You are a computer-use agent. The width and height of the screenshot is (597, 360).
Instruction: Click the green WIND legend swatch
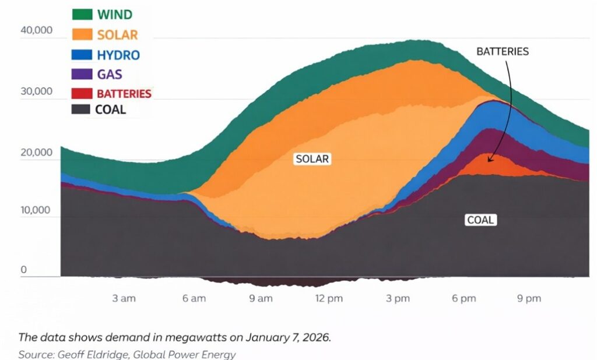pos(82,14)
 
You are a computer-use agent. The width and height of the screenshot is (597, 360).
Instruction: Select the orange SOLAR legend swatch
pos(82,34)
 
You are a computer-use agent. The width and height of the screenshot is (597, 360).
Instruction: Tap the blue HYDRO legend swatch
pos(82,54)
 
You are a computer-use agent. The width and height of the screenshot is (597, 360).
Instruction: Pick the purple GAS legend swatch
pos(82,74)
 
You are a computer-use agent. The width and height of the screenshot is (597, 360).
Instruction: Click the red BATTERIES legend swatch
pos(82,93)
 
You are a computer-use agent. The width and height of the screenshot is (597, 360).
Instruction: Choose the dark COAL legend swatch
pos(82,109)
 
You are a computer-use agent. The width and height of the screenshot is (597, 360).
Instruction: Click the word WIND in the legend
pos(115,15)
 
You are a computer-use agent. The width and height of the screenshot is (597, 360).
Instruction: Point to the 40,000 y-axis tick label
pos(36,30)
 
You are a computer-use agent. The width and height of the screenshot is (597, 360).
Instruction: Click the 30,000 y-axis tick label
pos(36,91)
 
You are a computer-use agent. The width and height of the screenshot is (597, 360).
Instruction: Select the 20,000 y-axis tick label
pos(36,153)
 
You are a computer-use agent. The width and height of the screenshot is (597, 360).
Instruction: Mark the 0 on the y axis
pos(24,270)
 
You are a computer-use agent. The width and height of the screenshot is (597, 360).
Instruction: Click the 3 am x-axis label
pos(124,298)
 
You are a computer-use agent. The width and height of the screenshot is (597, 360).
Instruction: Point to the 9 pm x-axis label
pos(529,298)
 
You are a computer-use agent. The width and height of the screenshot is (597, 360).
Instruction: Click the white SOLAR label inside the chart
pos(312,158)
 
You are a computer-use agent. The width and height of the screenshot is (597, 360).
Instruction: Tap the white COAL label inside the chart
pos(480,220)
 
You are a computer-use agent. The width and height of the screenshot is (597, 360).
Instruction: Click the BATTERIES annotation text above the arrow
pos(503,51)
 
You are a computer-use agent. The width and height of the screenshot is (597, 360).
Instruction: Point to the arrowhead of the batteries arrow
pos(489,160)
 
